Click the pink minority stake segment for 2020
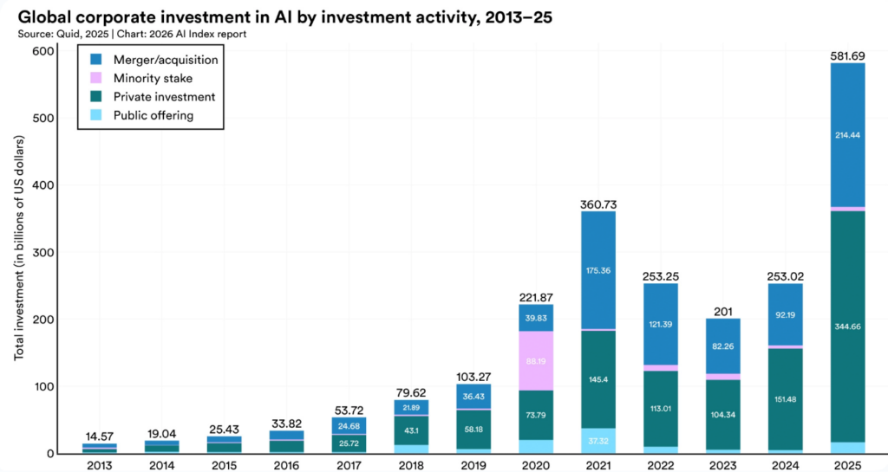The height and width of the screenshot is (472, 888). (x=536, y=360)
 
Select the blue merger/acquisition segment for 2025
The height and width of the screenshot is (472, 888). (x=847, y=135)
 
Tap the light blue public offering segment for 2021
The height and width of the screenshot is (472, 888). (x=598, y=441)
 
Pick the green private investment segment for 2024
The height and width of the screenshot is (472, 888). (x=785, y=399)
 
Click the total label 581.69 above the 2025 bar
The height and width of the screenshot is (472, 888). (x=847, y=56)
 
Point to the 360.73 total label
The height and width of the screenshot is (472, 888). (x=598, y=204)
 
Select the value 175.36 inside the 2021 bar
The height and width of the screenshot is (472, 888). (x=598, y=271)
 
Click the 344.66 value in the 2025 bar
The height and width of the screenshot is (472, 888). (x=847, y=327)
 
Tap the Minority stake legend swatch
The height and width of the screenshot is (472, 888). (x=95, y=78)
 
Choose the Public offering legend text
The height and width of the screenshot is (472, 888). (x=153, y=115)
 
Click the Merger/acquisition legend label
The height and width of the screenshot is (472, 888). (x=166, y=60)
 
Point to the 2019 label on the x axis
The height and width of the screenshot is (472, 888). (x=473, y=465)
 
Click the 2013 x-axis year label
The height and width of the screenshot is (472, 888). (x=100, y=465)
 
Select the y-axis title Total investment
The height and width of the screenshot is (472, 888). (x=19, y=248)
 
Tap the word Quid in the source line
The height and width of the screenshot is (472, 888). (x=68, y=34)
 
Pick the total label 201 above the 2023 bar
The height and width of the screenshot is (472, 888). (x=722, y=312)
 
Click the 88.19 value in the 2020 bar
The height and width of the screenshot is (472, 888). (x=536, y=361)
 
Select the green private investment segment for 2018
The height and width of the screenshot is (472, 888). (x=411, y=430)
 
